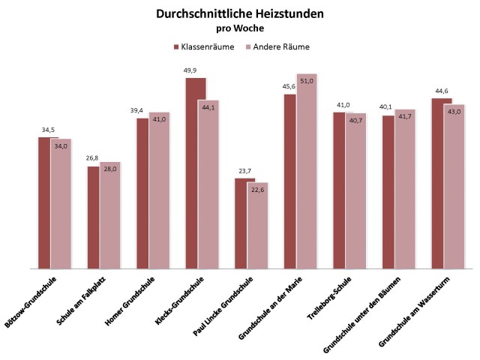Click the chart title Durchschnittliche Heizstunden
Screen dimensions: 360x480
point(240,14)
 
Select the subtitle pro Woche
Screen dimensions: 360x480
point(240,29)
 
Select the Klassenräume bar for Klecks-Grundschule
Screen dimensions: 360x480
point(196,172)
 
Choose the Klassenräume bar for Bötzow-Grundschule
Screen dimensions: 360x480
point(44,202)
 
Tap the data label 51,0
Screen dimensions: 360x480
point(307,81)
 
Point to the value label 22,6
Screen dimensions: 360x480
point(256,189)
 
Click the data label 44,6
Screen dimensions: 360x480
point(441,91)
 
